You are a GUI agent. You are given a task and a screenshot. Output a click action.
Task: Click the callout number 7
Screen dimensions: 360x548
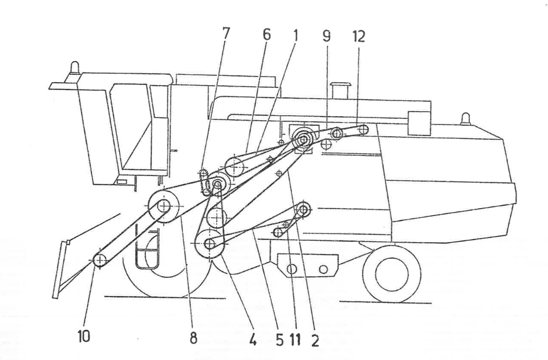[226, 34]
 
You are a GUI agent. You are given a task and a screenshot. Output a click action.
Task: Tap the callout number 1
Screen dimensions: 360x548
[295, 34]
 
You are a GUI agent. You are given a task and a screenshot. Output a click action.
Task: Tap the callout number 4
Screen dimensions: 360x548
[253, 341]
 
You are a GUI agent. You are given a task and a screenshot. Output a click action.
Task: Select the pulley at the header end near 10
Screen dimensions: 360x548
[100, 261]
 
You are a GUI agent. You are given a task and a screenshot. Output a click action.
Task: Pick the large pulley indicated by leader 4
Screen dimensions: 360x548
[210, 244]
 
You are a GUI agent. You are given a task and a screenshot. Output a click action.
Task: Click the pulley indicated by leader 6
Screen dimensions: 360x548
[234, 166]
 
